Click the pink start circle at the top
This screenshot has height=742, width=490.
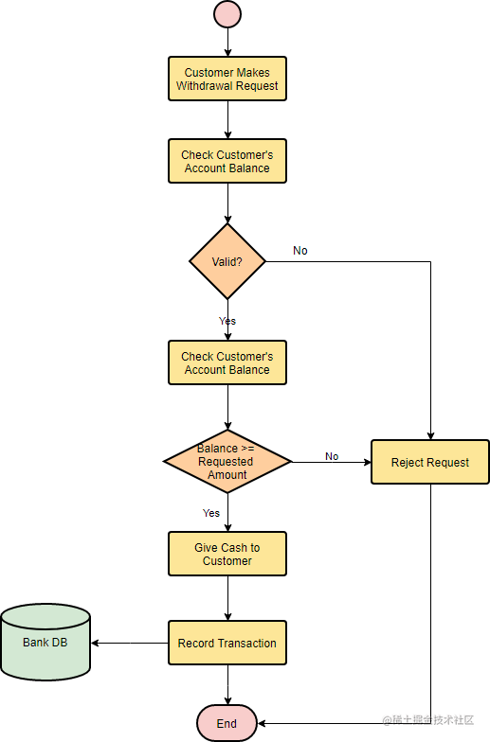[x=227, y=14]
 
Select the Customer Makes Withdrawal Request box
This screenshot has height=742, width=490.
[x=227, y=79]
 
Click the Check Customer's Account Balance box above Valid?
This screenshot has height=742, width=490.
[x=227, y=162]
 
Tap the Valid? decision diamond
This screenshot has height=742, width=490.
[x=227, y=261]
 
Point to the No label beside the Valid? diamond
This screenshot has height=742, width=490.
[x=300, y=251]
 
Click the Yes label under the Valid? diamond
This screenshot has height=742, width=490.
[x=227, y=321]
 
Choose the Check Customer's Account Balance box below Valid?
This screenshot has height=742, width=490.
[x=227, y=363]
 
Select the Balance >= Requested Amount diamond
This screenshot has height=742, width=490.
[x=227, y=461]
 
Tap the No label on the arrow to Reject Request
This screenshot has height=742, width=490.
[x=332, y=456]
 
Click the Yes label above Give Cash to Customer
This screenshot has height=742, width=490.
[x=211, y=513]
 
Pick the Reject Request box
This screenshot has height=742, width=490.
[x=430, y=463]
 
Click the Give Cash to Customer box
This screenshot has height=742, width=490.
[x=227, y=555]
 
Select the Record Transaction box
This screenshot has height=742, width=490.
[x=227, y=644]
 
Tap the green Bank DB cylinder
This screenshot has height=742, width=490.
[x=45, y=644]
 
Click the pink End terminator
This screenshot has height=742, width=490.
[x=227, y=724]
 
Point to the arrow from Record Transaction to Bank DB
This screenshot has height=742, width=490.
[x=130, y=644]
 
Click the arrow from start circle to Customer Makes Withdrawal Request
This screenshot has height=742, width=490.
[x=227, y=42]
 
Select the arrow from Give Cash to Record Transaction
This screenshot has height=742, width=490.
[x=227, y=598]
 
